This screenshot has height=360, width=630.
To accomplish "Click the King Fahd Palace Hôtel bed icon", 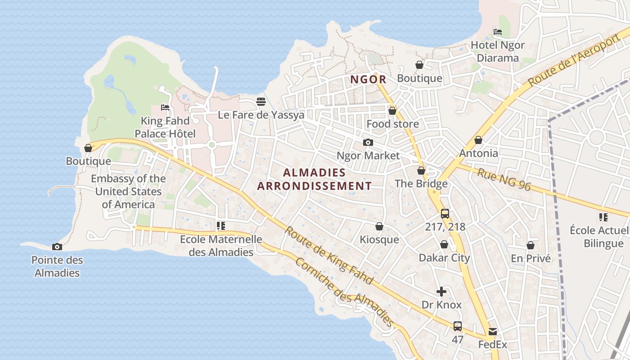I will (x=165, y=108).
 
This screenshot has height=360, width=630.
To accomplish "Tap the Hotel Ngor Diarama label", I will (x=498, y=51).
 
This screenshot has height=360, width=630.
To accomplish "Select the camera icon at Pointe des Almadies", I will (x=57, y=247).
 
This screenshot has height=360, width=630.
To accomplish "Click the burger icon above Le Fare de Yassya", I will (x=261, y=102).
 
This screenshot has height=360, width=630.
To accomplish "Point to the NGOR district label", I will (x=368, y=80).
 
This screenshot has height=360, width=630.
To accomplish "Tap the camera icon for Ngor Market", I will (x=368, y=143).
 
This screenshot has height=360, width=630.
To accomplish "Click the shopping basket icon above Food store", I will (x=392, y=111).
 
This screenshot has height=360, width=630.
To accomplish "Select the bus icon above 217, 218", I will (x=445, y=214).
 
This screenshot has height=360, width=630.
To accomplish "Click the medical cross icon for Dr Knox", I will (x=441, y=292).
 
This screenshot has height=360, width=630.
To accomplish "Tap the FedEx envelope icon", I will (x=492, y=332).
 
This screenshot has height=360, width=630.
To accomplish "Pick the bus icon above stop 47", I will (x=458, y=326).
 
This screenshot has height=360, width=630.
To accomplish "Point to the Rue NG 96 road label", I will (x=504, y=180).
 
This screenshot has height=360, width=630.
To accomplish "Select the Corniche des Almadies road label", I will (x=344, y=292).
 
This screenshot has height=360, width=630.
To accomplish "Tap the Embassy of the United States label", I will (x=128, y=191).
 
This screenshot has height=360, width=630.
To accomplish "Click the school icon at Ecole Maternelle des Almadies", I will (x=220, y=226).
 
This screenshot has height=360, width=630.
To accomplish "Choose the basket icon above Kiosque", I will (x=379, y=226).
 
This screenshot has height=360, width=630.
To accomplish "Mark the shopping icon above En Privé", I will (x=531, y=245).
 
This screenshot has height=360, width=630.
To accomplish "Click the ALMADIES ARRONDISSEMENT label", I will (x=315, y=179).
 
